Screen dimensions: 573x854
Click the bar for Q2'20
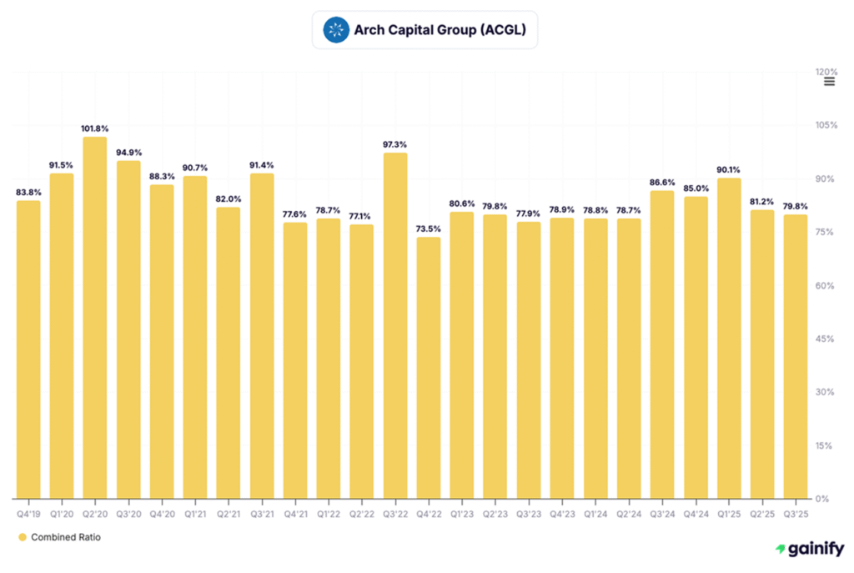(x=95, y=317)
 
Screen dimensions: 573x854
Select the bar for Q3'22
(x=395, y=325)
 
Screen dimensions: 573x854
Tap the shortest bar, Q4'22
(x=429, y=367)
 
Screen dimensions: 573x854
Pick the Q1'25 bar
(x=729, y=338)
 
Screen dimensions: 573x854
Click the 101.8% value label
(x=95, y=128)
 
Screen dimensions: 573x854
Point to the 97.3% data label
(x=395, y=144)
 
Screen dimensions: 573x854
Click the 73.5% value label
(x=429, y=229)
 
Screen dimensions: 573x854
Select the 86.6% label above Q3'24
(x=662, y=182)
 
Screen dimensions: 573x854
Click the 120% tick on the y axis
(x=826, y=72)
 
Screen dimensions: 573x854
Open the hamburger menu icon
(x=829, y=82)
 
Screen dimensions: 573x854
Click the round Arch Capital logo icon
(x=336, y=32)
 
